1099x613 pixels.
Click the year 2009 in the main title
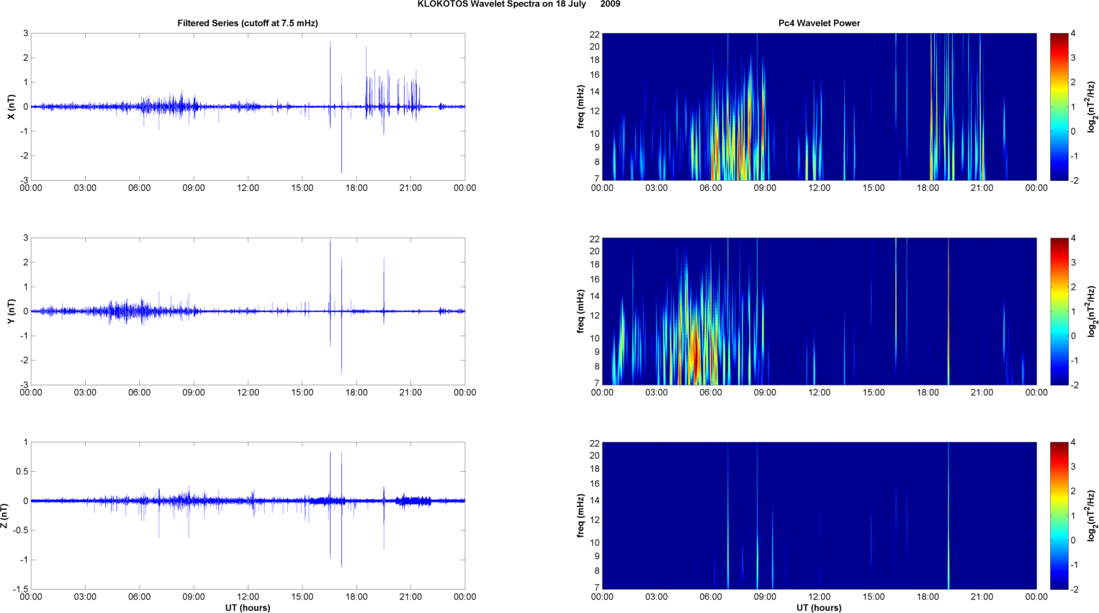[610, 4]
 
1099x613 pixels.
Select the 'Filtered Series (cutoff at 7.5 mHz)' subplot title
[248, 23]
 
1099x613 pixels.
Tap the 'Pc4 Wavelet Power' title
[819, 23]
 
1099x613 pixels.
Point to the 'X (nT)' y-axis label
[11, 107]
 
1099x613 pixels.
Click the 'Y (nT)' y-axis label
[11, 311]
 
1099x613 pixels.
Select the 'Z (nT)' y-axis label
[5, 516]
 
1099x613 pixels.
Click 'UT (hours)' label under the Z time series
[248, 608]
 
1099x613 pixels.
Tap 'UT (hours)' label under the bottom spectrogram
[819, 608]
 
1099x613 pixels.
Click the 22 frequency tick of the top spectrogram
[594, 34]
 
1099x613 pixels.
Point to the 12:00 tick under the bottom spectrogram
[819, 597]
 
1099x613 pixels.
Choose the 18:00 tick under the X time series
[356, 188]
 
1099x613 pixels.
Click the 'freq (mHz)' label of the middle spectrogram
[580, 311]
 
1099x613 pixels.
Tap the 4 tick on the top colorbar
[1073, 34]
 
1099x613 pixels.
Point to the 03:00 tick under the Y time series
[85, 393]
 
